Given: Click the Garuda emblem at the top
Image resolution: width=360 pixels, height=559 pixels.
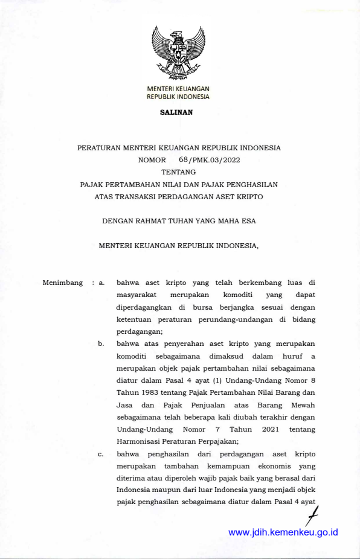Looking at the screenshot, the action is pyautogui.click(x=178, y=53).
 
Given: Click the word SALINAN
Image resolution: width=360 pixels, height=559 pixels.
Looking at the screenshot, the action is pyautogui.click(x=176, y=112).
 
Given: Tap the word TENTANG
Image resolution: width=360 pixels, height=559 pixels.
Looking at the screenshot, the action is pyautogui.click(x=179, y=172).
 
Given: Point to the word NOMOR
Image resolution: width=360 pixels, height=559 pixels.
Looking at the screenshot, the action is pyautogui.click(x=152, y=160).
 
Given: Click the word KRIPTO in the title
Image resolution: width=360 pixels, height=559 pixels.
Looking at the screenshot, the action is pyautogui.click(x=247, y=196).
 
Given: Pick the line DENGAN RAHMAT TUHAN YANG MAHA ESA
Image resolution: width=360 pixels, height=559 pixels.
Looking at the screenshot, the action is pyautogui.click(x=179, y=221).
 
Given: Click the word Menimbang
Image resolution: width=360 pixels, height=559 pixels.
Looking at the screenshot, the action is pyautogui.click(x=63, y=283).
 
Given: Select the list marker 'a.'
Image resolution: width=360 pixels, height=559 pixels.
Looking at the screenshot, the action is pyautogui.click(x=102, y=283).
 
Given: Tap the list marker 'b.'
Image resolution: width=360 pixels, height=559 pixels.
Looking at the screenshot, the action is pyautogui.click(x=102, y=344).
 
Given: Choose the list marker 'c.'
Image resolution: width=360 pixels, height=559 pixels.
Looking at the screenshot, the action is pyautogui.click(x=102, y=455).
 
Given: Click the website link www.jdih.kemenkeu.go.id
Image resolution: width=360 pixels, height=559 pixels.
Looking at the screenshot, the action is pyautogui.click(x=283, y=532).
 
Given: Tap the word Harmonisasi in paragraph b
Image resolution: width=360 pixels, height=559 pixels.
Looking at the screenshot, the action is pyautogui.click(x=138, y=441).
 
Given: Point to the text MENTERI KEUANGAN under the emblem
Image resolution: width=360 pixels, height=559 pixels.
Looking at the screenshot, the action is pyautogui.click(x=178, y=89).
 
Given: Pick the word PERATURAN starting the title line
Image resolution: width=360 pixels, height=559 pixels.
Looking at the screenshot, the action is pyautogui.click(x=98, y=147).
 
